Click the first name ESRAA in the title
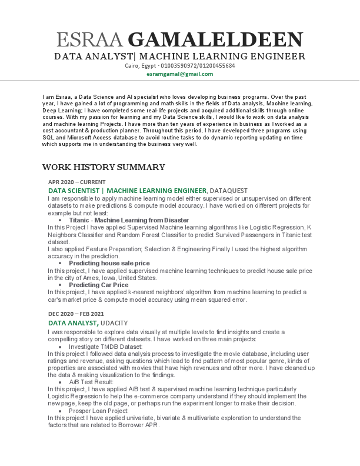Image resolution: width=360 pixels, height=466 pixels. tap(89, 40)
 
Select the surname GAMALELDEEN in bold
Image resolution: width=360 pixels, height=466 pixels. tap(215, 40)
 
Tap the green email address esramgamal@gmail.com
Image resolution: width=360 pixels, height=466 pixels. tap(180, 74)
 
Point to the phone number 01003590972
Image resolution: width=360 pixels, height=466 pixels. tap(176, 66)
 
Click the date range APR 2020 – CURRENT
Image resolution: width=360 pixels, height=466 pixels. tap(76, 182)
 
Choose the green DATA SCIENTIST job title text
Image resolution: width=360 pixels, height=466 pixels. tap(75, 191)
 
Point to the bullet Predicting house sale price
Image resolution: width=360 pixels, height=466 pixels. tap(114, 263)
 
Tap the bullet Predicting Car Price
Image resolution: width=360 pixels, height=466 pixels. tap(102, 285)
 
